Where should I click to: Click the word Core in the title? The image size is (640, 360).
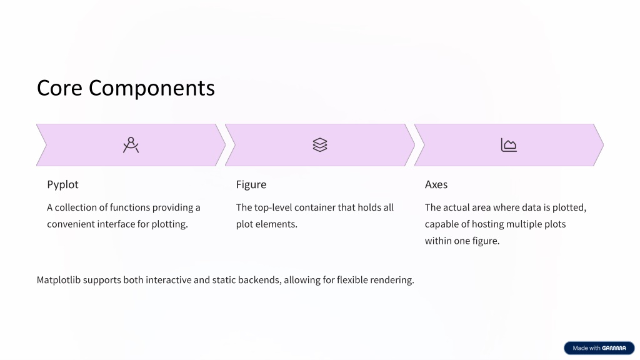click(59, 87)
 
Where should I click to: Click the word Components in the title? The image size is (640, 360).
click(152, 89)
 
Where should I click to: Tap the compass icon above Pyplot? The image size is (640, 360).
click(131, 145)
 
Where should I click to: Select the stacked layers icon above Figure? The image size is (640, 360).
click(320, 145)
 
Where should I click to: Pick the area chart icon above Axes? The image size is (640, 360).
click(509, 145)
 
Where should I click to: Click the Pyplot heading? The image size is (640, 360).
click(62, 184)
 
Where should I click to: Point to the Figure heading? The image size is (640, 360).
click(251, 184)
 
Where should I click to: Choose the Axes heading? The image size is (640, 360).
click(436, 184)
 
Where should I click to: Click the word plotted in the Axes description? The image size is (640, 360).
click(569, 207)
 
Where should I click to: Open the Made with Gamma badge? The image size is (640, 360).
click(599, 347)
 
